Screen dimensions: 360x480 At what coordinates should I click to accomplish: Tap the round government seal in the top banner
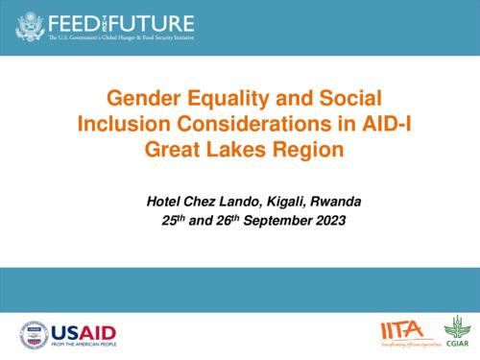click(30, 27)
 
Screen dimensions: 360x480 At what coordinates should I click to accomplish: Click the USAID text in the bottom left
click(84, 329)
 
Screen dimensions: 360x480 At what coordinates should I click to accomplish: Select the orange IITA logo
click(400, 331)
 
